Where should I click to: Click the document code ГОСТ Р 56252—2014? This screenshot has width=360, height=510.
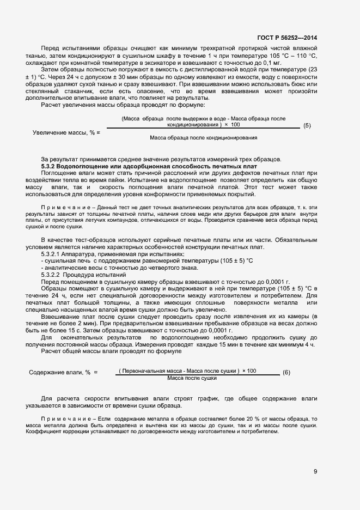288,38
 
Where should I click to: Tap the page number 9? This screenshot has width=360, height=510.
315,472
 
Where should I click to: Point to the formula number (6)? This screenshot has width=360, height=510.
286,373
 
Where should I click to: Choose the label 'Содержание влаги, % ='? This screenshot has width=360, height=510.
63,372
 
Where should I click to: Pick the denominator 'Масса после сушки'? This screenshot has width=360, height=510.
192,378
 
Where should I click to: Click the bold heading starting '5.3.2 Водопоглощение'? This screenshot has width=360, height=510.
149,165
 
